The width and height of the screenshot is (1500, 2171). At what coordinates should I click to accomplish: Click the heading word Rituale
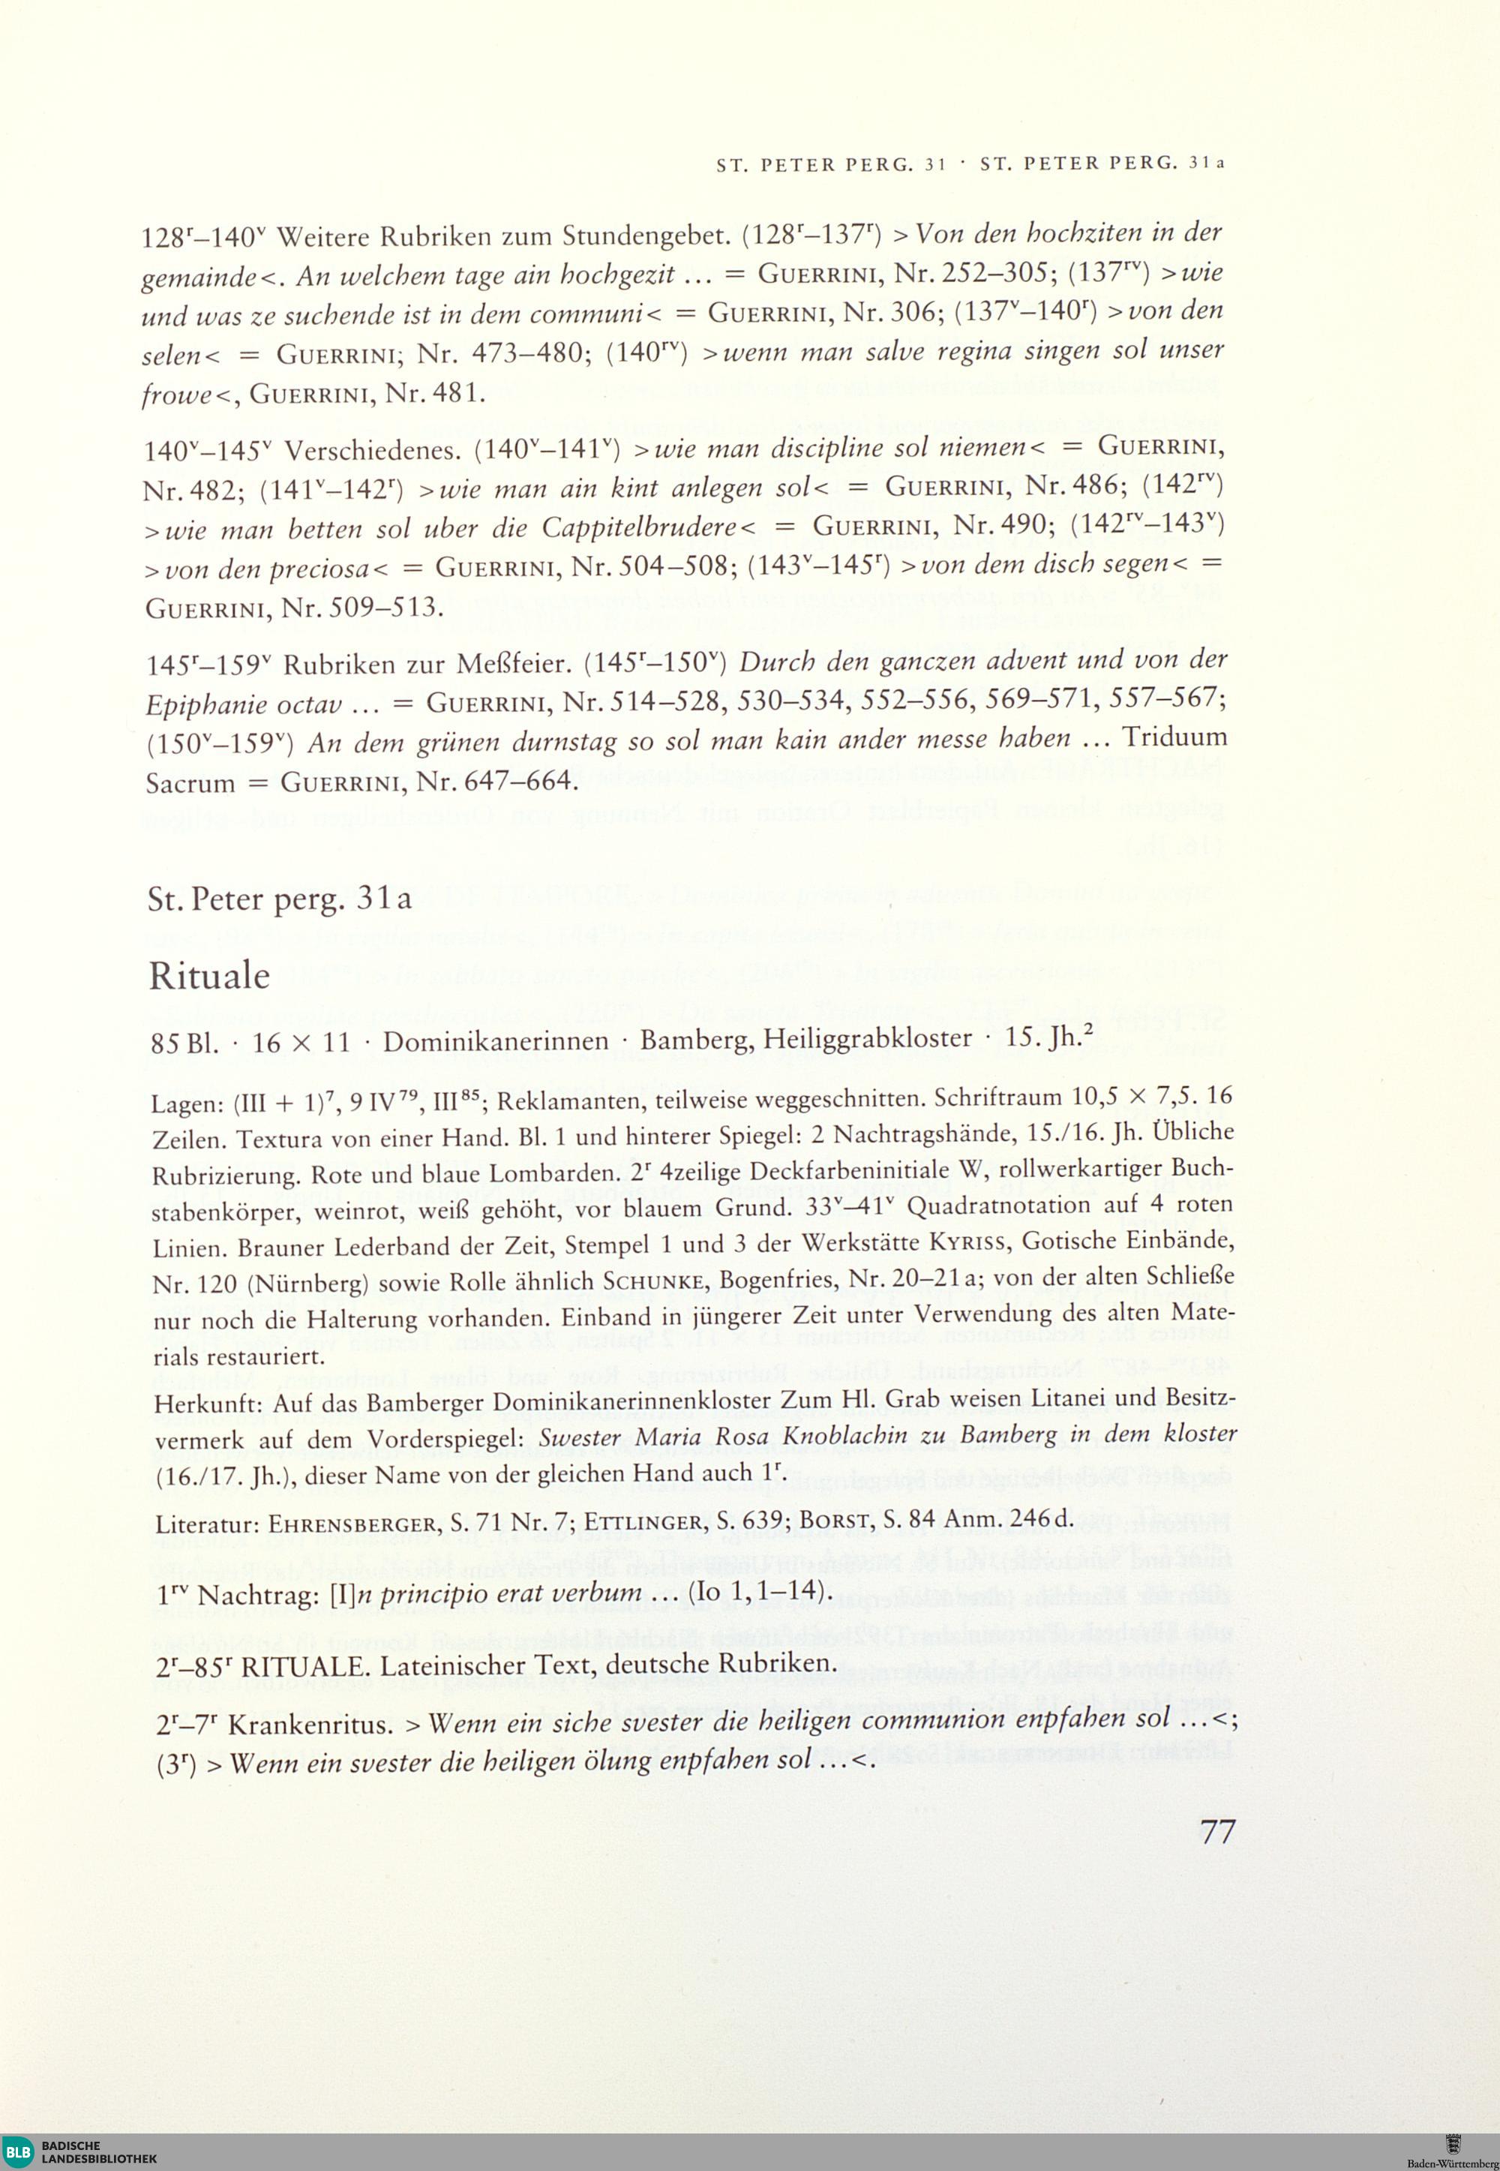point(208,977)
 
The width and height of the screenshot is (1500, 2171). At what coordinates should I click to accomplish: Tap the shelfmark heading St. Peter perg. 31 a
point(279,899)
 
